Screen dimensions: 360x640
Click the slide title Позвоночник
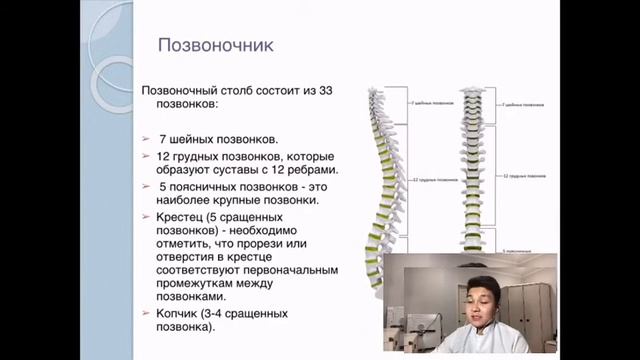point(217,46)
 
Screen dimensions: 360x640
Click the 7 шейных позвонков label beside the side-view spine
point(424,103)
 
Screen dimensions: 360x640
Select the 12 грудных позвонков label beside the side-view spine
point(427,180)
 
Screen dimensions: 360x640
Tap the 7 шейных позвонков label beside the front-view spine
point(525,103)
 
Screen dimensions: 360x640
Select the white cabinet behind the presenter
point(530,310)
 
